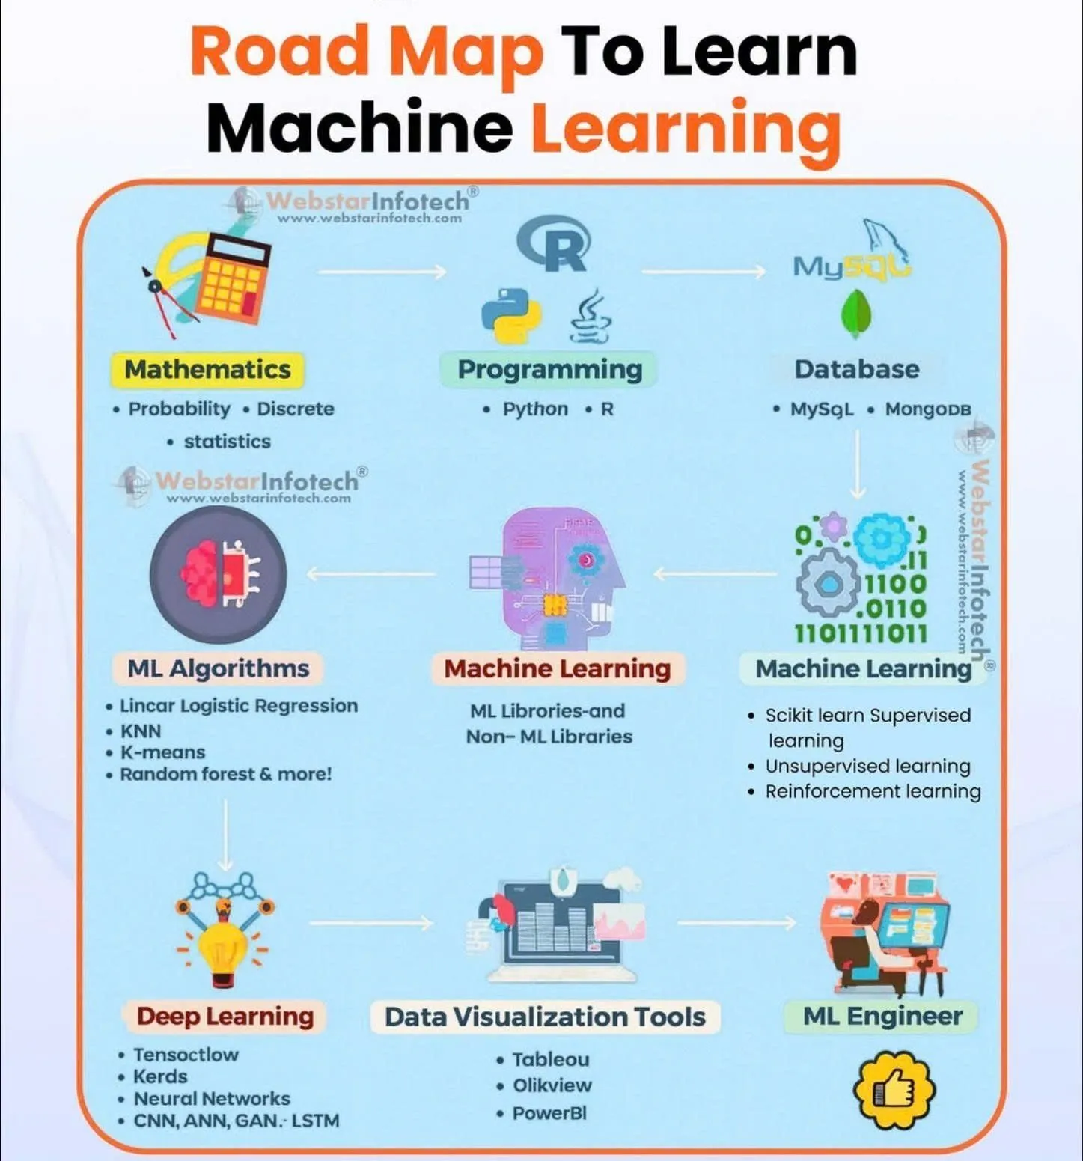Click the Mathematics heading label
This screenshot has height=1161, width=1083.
click(207, 370)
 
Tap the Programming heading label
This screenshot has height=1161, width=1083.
click(549, 370)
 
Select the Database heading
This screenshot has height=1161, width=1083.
click(857, 369)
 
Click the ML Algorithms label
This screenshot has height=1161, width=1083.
click(218, 668)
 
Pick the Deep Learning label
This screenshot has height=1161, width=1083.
click(225, 1017)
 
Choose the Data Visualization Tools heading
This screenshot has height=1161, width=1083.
click(545, 1017)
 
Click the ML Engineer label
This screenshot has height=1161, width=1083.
click(882, 1016)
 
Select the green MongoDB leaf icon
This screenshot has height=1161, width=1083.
click(855, 314)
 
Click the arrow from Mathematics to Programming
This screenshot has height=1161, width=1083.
click(382, 272)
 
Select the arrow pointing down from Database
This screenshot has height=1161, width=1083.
click(858, 464)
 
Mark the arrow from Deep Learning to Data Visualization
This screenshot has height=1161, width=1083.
click(371, 923)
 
